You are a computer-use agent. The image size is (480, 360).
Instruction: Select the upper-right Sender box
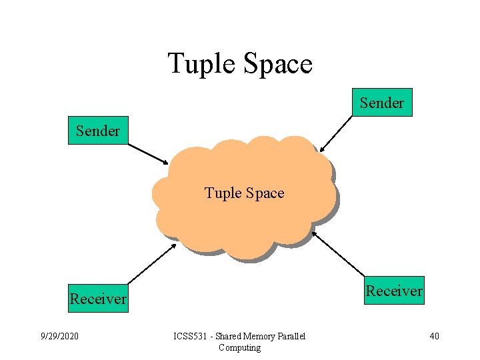[382, 103]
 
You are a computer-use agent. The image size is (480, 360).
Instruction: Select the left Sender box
[98, 131]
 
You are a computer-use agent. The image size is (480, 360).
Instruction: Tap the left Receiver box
[98, 299]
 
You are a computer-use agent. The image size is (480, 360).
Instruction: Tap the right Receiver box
[394, 291]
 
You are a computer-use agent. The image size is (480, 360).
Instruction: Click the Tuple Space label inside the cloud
[244, 193]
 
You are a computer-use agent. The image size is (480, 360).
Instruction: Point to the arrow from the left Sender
[147, 153]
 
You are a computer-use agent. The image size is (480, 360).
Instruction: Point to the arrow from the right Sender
[337, 134]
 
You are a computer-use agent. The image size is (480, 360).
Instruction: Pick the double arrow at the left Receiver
[151, 263]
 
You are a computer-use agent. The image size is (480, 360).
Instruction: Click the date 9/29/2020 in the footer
[60, 336]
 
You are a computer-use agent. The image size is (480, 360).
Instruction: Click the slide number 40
[434, 336]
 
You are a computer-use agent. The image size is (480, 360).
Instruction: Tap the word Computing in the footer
[239, 347]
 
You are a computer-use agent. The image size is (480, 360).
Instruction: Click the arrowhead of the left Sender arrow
[166, 161]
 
